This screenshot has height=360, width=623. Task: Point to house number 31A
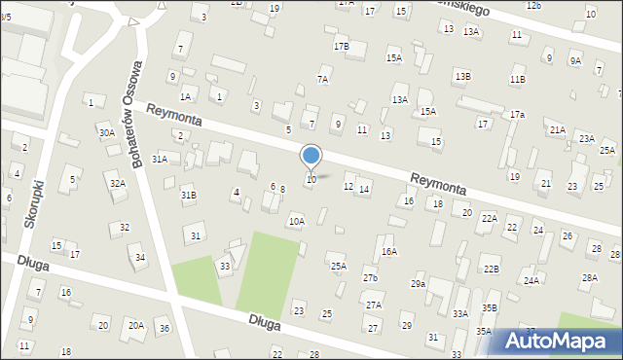pos(160,159)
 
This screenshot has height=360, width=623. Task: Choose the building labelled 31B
pos(188,195)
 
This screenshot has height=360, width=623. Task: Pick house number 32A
pos(117,183)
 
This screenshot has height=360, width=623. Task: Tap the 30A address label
pos(106,132)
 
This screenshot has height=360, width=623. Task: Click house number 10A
pos(296,222)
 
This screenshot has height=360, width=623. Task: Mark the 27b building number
pos(370,278)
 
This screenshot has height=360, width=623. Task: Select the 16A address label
pos(389,251)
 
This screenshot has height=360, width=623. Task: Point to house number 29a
pos(418,283)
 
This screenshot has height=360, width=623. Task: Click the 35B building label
pos(489,308)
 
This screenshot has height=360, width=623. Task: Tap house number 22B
pos(492,270)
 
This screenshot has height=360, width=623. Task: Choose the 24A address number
pos(531,280)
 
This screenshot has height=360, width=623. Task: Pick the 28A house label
pos(589,277)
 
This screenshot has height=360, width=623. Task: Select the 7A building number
pos(322,79)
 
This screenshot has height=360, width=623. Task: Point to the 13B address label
pos(462,76)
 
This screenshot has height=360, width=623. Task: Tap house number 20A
pos(136,325)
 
